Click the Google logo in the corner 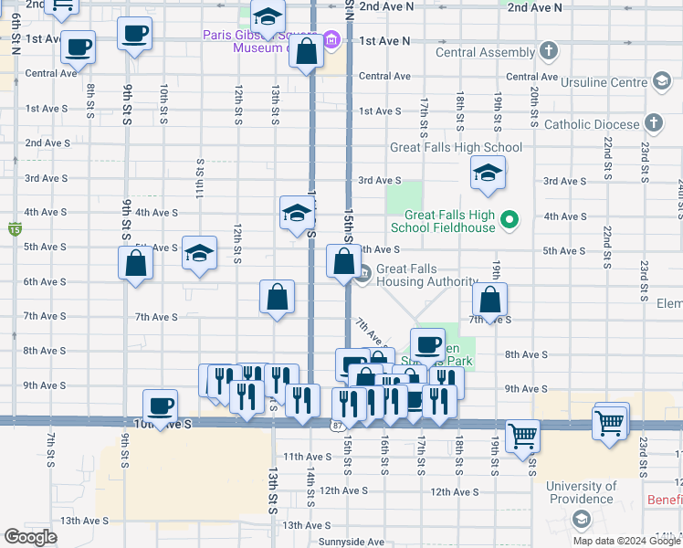point(30,537)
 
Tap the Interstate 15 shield point(14,227)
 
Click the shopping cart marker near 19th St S point(522,435)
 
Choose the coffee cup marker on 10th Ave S point(161,405)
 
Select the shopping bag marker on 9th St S point(135,263)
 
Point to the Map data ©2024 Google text point(625,541)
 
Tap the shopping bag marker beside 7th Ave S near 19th point(490,300)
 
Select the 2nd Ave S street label point(47,143)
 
